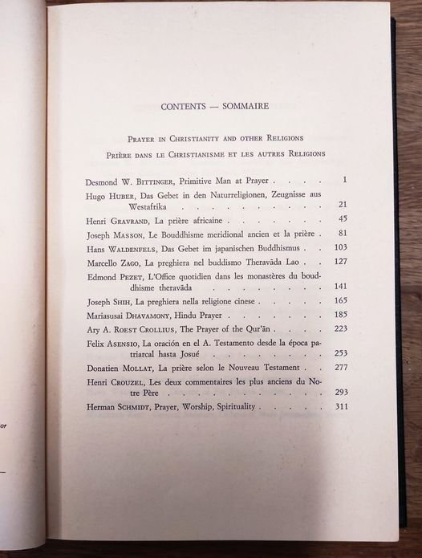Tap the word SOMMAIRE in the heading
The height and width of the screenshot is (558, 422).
click(245, 105)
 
